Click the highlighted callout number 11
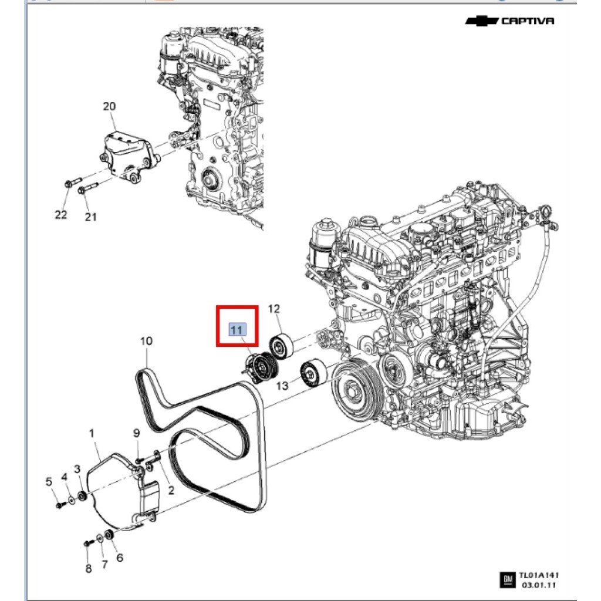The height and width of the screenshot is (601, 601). click(237, 330)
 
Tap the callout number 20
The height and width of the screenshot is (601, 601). click(109, 107)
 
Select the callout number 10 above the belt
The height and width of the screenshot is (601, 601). click(146, 341)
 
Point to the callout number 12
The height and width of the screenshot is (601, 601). click(274, 309)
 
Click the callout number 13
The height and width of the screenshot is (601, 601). click(283, 386)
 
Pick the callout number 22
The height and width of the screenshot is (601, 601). click(61, 215)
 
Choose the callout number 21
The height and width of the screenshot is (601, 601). click(90, 217)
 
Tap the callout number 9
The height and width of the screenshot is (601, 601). click(136, 433)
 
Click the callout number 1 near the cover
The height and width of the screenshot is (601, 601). click(92, 433)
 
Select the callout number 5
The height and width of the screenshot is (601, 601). click(49, 482)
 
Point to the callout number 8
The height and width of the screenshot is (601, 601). click(89, 568)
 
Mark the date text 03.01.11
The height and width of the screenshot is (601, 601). click(536, 585)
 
